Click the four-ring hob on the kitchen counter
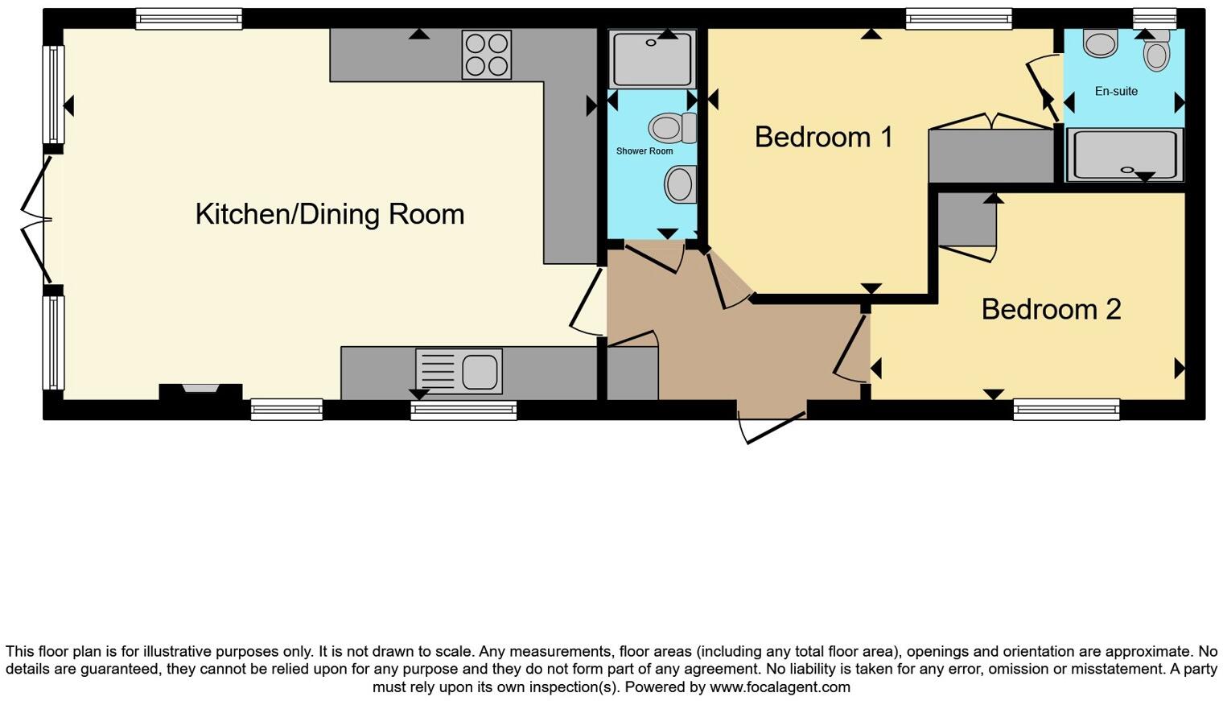point(486,54)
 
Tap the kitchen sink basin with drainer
point(459,371)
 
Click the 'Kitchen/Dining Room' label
point(330,214)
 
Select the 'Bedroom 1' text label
point(823,137)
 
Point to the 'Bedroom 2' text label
point(1051,309)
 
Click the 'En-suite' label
point(1116,91)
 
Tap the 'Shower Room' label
point(644,151)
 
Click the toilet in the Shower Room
point(673,127)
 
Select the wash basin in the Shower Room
point(680,184)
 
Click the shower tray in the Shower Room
point(652,59)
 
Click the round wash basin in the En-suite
point(1100,43)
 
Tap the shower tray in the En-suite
point(1124,155)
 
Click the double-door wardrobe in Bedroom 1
point(991,155)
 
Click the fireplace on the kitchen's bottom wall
point(200,391)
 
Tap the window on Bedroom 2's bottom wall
point(1066,410)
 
